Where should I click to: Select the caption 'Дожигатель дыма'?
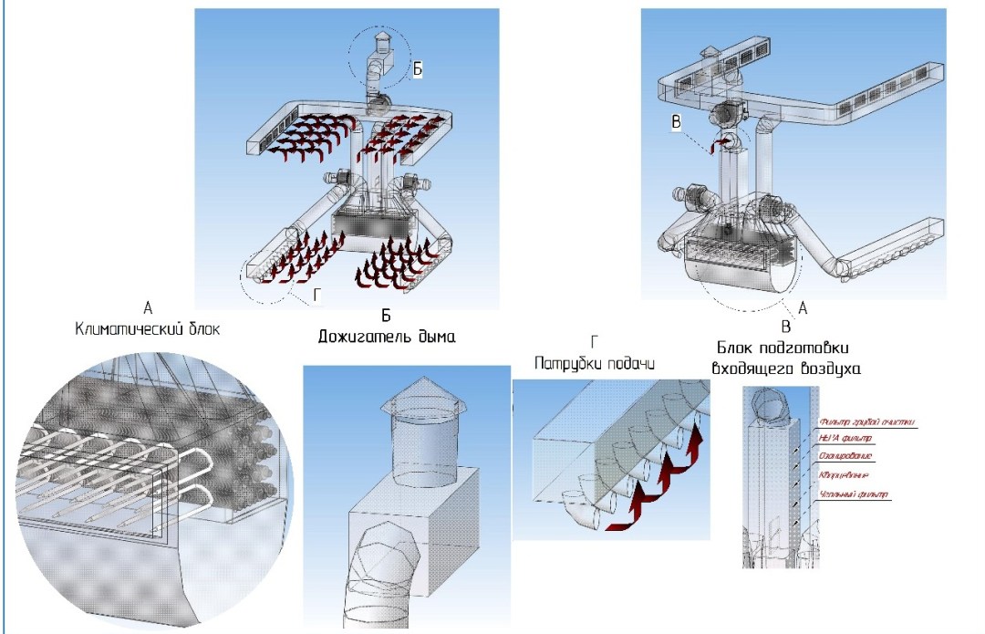[386, 337]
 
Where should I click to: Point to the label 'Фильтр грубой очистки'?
[867, 422]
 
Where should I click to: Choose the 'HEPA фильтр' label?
[848, 440]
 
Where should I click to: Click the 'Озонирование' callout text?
[847, 456]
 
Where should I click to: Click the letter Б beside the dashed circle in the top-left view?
[417, 69]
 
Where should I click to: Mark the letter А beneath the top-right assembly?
[803, 308]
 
